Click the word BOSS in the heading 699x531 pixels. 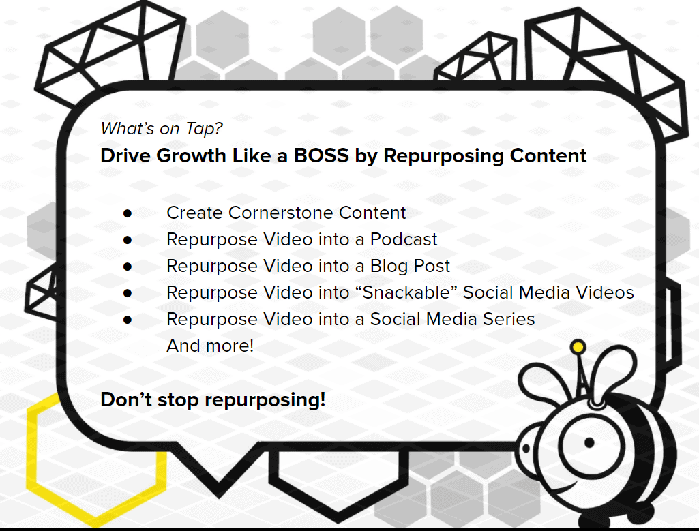[321, 155]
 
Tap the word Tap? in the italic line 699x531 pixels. [204, 129]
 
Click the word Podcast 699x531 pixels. [404, 240]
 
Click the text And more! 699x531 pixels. [210, 346]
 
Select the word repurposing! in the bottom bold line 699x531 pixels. [265, 400]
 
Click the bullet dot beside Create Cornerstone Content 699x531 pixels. [128, 214]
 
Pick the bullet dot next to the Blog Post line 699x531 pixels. [128, 267]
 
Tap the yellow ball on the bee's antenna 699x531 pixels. [578, 346]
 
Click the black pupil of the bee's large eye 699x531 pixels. [589, 443]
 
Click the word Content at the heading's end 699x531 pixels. [548, 155]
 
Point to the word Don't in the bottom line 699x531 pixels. [126, 399]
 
